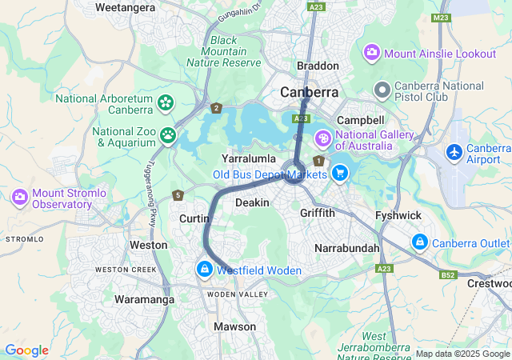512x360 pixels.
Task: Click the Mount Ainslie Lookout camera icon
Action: point(372,53)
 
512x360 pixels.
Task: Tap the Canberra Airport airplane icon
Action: point(454,151)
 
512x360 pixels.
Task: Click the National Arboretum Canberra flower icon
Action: point(166,102)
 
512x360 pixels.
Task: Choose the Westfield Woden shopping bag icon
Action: point(206,270)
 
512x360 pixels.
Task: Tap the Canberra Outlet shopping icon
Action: point(419,242)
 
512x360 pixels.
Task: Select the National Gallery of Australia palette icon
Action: point(323,138)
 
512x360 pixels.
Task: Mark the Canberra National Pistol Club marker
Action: point(382,90)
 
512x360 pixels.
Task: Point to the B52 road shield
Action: point(448,274)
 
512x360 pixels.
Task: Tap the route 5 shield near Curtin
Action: point(178,195)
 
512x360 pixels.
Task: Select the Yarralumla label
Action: point(249,158)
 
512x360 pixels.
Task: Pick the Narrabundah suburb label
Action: point(347,249)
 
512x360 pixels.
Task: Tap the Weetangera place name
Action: point(125,7)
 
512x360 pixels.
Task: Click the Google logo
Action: point(26,350)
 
